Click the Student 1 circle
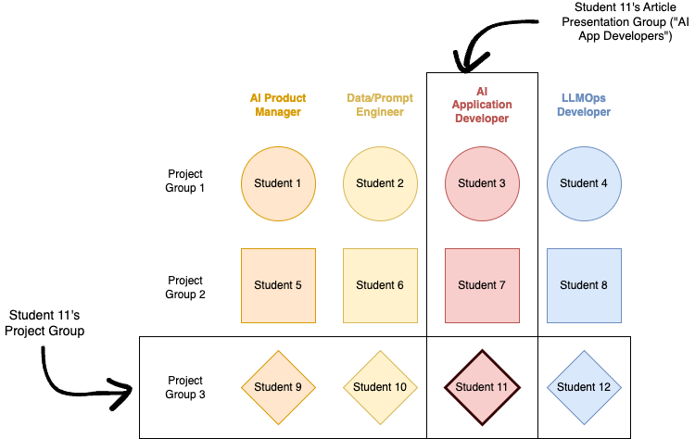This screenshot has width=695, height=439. [278, 183]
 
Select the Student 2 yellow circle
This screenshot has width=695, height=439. [380, 183]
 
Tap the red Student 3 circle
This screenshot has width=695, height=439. [482, 183]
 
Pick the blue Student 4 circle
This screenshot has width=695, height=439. [584, 183]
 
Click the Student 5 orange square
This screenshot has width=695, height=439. [278, 285]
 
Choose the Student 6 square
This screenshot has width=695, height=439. [380, 285]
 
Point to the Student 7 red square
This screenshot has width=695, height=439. [482, 285]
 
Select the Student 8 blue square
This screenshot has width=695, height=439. [584, 285]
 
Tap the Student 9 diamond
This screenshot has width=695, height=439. [278, 387]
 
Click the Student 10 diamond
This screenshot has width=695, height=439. [380, 387]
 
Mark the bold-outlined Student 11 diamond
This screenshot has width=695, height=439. [482, 387]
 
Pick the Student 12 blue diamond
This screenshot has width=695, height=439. [584, 387]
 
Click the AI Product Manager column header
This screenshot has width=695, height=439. [278, 105]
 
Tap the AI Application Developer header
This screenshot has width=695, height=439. [482, 105]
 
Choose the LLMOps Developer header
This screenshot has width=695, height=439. [586, 105]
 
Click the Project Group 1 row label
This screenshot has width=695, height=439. [184, 181]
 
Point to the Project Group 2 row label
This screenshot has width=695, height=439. [184, 287]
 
